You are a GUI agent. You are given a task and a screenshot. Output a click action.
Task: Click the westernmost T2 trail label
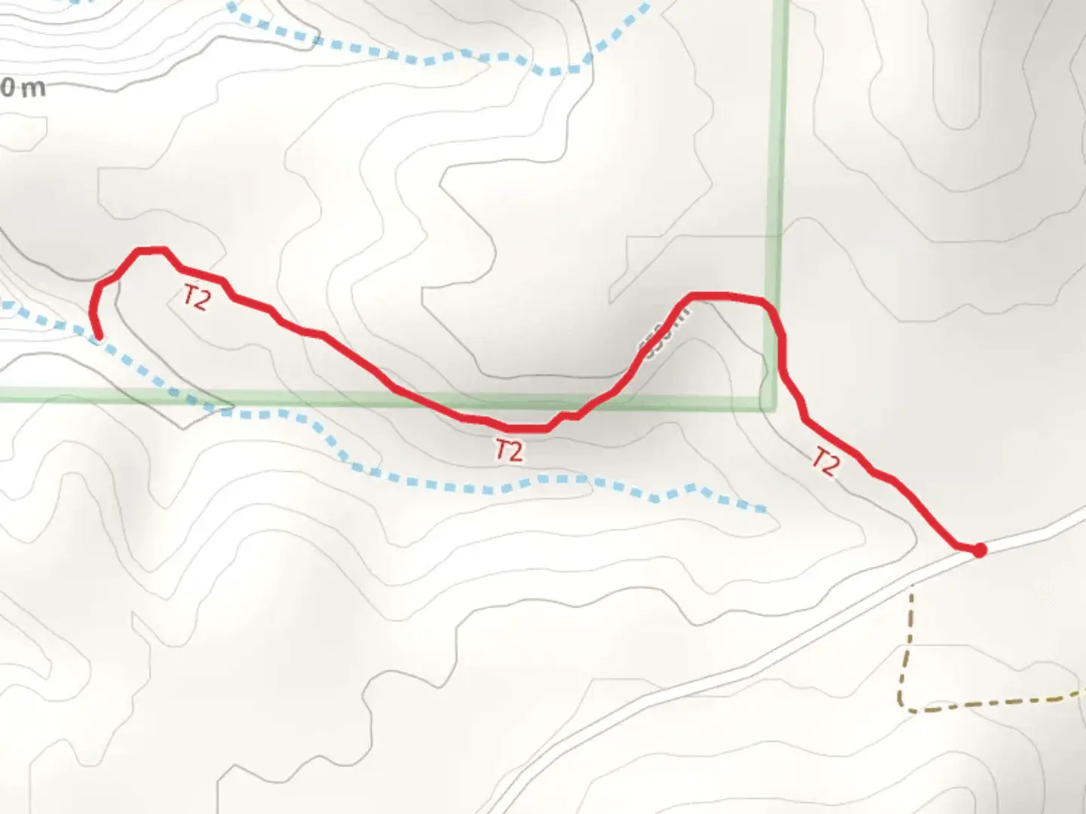[x=195, y=298]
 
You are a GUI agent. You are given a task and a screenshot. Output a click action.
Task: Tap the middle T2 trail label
[x=508, y=450]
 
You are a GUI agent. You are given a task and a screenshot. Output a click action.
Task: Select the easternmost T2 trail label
[x=826, y=461]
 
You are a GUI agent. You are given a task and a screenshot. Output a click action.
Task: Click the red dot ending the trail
[x=979, y=550]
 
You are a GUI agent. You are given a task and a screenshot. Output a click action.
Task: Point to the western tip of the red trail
[x=99, y=337]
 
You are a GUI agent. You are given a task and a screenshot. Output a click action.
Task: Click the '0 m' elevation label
[x=23, y=88]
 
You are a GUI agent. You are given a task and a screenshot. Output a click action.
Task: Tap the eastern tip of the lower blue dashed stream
[x=765, y=510]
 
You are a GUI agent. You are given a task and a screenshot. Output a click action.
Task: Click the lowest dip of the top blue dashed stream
[x=555, y=72]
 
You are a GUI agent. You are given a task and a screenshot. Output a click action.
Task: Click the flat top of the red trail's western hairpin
[x=150, y=249]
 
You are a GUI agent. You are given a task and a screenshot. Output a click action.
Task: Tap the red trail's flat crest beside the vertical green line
[x=716, y=295]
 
